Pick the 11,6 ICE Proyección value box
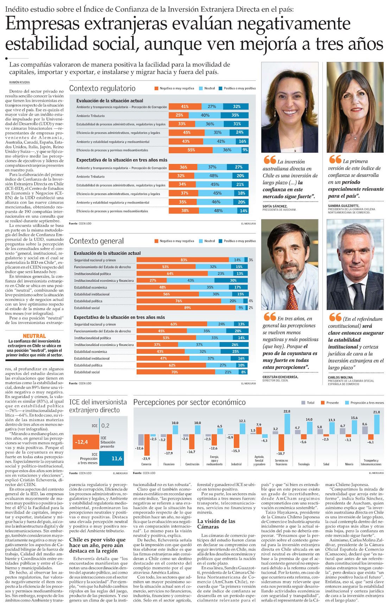(x=112, y=458)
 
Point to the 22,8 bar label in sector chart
(x=287, y=411)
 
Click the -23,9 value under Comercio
(x=146, y=458)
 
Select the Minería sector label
(x=349, y=464)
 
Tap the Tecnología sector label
(x=304, y=464)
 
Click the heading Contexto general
(x=96, y=241)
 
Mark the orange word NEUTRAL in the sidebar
(x=34, y=336)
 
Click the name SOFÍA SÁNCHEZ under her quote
(x=275, y=206)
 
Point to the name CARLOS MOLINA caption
(x=340, y=377)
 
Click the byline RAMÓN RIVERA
(x=19, y=82)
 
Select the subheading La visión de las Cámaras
(x=216, y=524)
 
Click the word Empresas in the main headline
(x=43, y=24)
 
